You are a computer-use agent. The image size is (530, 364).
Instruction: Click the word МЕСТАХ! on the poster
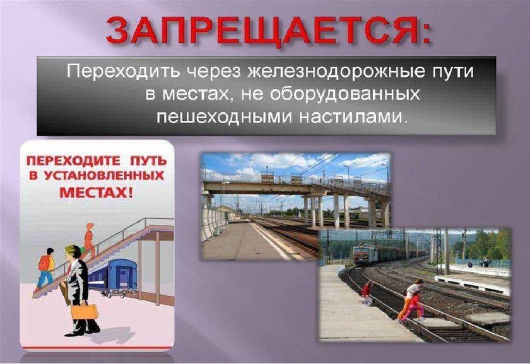(x=96, y=191)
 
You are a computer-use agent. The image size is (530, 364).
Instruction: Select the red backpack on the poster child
(x=44, y=262)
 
